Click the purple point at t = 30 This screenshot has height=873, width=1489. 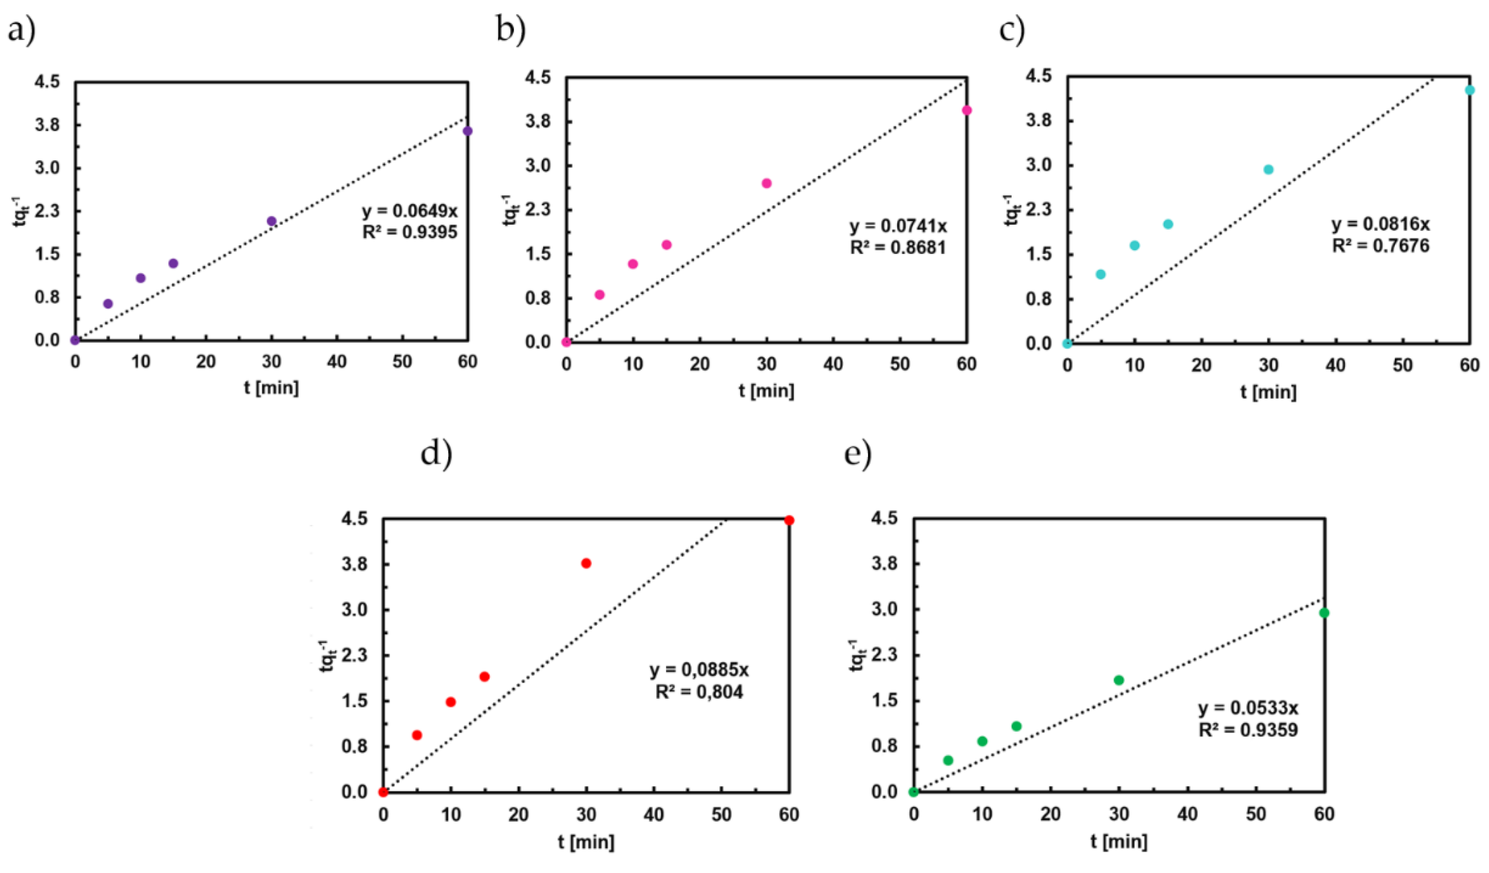272,221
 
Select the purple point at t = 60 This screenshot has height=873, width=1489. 468,131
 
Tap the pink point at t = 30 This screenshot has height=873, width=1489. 767,183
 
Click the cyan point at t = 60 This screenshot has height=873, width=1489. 1470,90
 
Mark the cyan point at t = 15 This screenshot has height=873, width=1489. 1167,224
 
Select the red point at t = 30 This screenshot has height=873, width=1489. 586,563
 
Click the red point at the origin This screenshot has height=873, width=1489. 383,792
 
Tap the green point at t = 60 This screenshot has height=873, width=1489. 1324,612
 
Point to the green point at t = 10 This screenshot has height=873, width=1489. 982,741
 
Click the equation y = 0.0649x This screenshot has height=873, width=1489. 409,211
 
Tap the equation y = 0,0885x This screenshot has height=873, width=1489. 699,670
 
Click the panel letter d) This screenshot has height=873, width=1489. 436,454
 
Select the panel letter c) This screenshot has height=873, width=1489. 1012,30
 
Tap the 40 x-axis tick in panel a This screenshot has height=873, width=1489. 337,362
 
